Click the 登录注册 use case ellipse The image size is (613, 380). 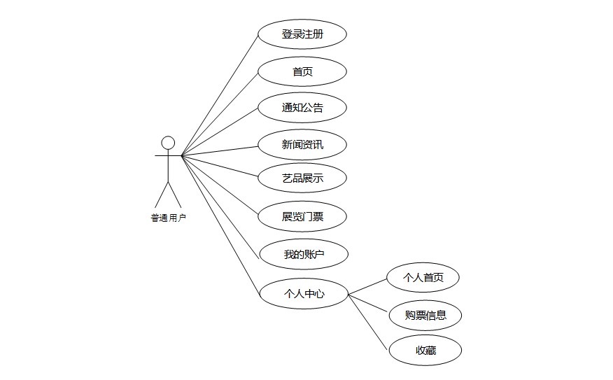pyautogui.click(x=302, y=34)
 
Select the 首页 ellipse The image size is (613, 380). pyautogui.click(x=302, y=71)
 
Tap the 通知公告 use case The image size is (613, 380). pyautogui.click(x=302, y=108)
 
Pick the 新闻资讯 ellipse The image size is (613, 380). pyautogui.click(x=302, y=145)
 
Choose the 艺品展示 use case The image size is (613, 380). pyautogui.click(x=302, y=178)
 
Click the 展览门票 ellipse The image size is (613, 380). pyautogui.click(x=302, y=216)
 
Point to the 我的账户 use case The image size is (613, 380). pyautogui.click(x=304, y=254)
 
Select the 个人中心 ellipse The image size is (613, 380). pyautogui.click(x=304, y=294)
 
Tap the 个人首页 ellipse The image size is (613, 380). pyautogui.click(x=423, y=278)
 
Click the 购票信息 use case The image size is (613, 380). pyautogui.click(x=425, y=315)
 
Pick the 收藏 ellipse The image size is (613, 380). pyautogui.click(x=425, y=350)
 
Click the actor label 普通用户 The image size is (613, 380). pyautogui.click(x=168, y=218)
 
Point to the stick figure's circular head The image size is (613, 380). pyautogui.click(x=168, y=143)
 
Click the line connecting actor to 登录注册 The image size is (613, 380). pyautogui.click(x=220, y=95)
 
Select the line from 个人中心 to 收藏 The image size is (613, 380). pyautogui.click(x=368, y=321)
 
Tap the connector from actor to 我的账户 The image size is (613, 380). pyautogui.click(x=220, y=205)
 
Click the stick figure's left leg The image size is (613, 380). pyautogui.click(x=162, y=194)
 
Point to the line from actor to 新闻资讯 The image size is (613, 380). pyautogui.click(x=220, y=150)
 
